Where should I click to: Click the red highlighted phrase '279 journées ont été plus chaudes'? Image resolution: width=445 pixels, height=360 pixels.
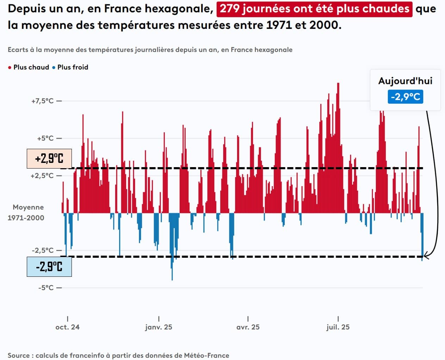(314, 9)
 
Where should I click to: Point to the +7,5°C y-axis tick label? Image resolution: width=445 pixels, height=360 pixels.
(43, 101)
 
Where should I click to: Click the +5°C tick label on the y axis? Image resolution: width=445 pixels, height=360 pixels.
(45, 139)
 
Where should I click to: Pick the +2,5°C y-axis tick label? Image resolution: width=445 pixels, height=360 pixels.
(42, 176)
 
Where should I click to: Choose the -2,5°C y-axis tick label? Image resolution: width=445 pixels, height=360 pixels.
(43, 251)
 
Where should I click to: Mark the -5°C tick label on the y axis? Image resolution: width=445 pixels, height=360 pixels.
(46, 288)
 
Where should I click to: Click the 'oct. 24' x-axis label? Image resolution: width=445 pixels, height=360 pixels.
(67, 327)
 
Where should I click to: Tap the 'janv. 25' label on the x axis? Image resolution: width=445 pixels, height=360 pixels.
(159, 327)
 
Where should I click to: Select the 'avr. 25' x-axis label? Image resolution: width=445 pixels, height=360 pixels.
(248, 327)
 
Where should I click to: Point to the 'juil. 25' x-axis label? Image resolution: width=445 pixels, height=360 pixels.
(338, 327)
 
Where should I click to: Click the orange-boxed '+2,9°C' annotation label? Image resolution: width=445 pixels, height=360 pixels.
(49, 159)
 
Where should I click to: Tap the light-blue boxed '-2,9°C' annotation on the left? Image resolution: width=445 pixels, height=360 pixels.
(49, 267)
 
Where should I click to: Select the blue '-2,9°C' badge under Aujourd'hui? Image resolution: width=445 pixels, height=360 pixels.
(405, 97)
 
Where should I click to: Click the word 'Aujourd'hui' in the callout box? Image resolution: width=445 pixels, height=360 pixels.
(405, 81)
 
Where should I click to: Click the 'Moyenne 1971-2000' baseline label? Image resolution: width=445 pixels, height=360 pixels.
(26, 213)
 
